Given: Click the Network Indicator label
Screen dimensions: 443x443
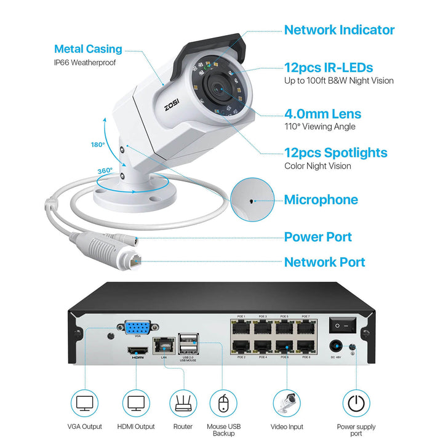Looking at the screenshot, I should click(339, 30).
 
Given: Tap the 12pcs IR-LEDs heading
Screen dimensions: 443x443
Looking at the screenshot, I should click(328, 67).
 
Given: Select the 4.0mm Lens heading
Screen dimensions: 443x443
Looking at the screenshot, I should click(322, 114).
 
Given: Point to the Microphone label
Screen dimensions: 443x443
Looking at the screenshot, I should click(321, 199).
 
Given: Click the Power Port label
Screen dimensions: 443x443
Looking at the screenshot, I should click(317, 237).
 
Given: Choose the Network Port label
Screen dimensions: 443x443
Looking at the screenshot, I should click(324, 262).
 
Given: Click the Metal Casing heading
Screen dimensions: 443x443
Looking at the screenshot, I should click(88, 49).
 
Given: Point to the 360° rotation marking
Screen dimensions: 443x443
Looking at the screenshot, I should click(105, 170).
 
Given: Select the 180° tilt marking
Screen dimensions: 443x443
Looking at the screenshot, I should click(98, 145).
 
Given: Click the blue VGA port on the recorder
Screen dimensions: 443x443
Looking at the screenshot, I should click(139, 328).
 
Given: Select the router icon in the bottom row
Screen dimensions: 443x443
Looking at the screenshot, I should click(183, 403).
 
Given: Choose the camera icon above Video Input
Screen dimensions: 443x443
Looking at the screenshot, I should click(287, 403).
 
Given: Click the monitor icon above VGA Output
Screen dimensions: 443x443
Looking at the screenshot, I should click(84, 403).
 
